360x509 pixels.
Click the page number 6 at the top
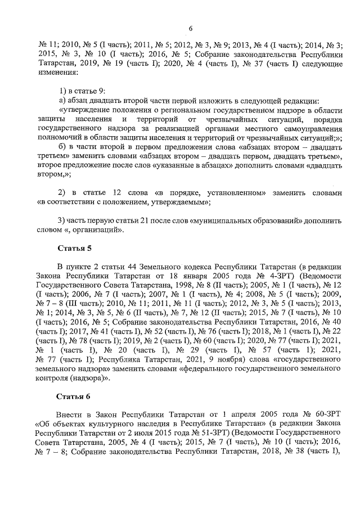pos(190,29)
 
